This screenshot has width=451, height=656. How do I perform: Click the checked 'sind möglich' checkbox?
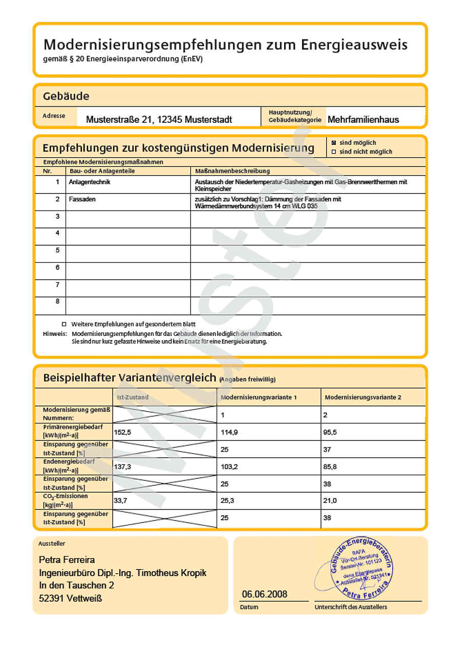334,143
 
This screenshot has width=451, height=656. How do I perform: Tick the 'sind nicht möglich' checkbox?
334,152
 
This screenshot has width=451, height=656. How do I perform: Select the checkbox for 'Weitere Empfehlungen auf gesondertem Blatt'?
64,324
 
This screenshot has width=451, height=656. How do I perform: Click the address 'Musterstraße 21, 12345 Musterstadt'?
159,120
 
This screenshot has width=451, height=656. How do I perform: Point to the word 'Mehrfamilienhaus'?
363,120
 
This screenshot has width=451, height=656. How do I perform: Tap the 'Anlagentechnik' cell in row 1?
90,182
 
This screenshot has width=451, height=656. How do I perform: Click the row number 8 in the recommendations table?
58,302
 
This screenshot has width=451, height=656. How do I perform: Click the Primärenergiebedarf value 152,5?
123,432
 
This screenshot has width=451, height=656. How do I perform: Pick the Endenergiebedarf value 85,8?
331,467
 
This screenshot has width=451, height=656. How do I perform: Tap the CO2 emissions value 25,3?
227,501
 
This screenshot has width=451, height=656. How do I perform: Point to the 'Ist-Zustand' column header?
132,397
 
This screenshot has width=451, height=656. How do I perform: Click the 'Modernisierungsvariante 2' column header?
363,397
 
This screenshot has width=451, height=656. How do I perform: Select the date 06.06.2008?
265,594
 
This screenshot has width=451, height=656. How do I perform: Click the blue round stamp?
361,569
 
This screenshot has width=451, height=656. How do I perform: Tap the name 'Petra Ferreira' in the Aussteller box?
67,560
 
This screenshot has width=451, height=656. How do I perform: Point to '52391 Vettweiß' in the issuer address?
70,598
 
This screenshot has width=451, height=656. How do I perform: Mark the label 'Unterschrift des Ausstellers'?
351,607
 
